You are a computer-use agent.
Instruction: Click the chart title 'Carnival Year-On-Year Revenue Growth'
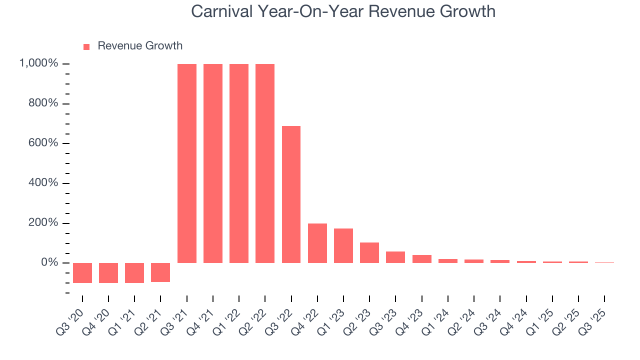[x=343, y=11]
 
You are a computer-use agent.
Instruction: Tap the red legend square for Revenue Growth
[x=86, y=46]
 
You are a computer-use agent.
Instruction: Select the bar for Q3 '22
[x=291, y=194]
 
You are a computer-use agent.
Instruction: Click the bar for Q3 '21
[x=186, y=163]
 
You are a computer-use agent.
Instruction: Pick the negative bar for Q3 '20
[x=82, y=272]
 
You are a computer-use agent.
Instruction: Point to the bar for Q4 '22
[x=317, y=243]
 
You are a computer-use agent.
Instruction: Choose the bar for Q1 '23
[x=343, y=245]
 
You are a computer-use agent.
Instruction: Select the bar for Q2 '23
[x=369, y=252]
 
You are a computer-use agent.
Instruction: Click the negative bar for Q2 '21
[x=160, y=272]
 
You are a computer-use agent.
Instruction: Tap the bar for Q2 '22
[x=265, y=163]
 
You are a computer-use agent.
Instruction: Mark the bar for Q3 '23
[x=395, y=257]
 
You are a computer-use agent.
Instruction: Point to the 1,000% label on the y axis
[x=38, y=63]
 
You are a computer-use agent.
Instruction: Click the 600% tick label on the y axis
[x=43, y=143]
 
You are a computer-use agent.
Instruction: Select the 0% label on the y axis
[x=49, y=262]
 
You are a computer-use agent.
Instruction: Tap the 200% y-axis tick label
[x=43, y=222]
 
